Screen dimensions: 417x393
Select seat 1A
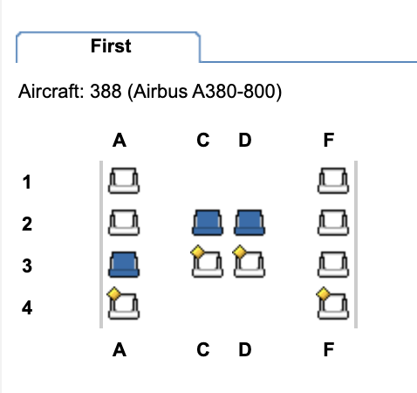pyautogui.click(x=124, y=181)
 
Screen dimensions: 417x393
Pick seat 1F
pyautogui.click(x=333, y=181)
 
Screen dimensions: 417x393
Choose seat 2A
pyautogui.click(x=124, y=223)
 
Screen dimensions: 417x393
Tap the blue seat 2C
pyautogui.click(x=208, y=223)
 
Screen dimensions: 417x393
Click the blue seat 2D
pyautogui.click(x=250, y=223)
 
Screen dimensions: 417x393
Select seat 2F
pyautogui.click(x=333, y=223)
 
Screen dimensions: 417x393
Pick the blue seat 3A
pyautogui.click(x=124, y=265)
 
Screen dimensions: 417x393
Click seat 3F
pyautogui.click(x=333, y=265)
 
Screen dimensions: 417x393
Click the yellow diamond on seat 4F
pyautogui.click(x=324, y=294)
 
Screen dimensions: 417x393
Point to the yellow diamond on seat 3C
pyautogui.click(x=198, y=252)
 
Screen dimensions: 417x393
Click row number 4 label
pyautogui.click(x=27, y=307)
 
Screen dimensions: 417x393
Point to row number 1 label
pyautogui.click(x=27, y=183)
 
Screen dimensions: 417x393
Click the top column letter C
pyautogui.click(x=203, y=140)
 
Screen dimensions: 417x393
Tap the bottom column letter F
pyautogui.click(x=329, y=349)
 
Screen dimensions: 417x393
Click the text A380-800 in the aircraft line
pyautogui.click(x=236, y=92)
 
